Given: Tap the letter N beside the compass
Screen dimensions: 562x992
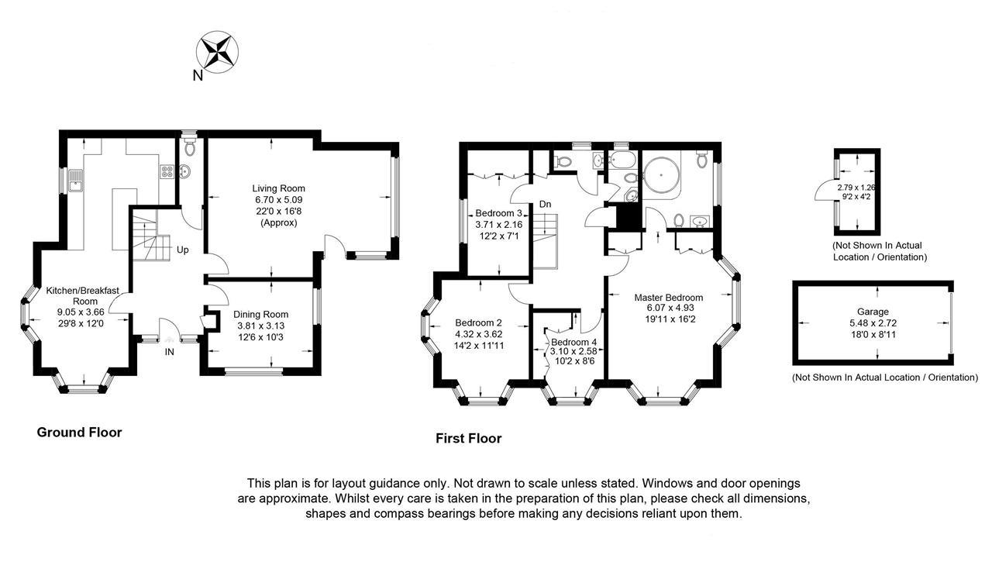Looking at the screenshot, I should [198, 76].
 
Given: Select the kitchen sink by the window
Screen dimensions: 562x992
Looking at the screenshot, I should [74, 183].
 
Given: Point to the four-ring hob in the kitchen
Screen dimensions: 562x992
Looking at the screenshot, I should [166, 172].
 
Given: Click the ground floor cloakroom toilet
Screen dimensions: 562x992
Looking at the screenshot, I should [190, 145].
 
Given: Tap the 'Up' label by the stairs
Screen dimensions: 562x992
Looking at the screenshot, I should [184, 250].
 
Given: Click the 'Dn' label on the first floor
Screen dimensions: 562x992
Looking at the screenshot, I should [546, 204].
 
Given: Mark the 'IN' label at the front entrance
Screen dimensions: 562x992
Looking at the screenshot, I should [170, 352].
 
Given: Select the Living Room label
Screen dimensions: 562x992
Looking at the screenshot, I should [278, 188].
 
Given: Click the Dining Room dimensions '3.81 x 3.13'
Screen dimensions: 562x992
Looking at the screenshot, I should [260, 326].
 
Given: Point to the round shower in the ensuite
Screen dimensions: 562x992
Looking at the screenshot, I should [661, 174].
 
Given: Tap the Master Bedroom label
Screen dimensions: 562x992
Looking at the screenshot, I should [668, 298].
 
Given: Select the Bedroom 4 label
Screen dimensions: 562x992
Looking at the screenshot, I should [574, 341].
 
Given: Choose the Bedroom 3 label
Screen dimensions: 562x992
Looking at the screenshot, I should [498, 213].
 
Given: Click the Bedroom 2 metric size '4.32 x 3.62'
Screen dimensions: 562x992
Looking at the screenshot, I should [479, 334].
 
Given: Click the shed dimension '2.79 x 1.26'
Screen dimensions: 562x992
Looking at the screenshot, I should [856, 188].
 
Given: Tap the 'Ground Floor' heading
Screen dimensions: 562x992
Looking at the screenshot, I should [79, 433].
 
